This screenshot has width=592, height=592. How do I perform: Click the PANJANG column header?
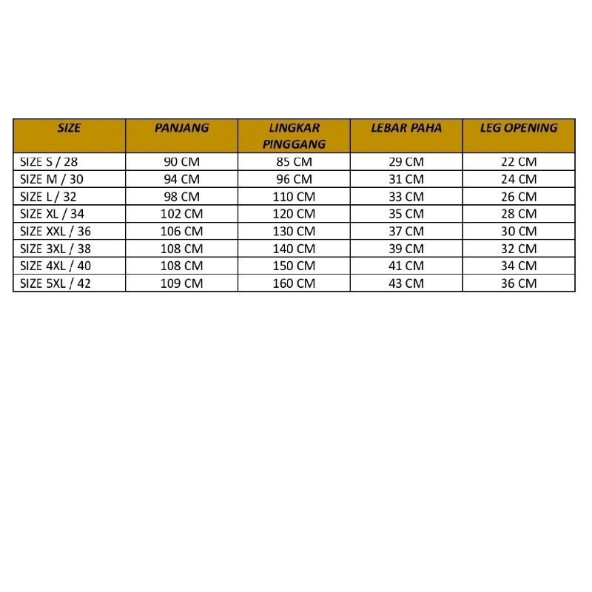click(182, 128)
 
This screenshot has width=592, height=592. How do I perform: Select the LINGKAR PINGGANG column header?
click(294, 136)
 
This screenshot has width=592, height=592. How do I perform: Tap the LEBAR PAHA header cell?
click(406, 128)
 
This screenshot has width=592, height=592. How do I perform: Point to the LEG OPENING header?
click(518, 128)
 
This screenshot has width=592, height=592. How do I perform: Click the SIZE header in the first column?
click(69, 128)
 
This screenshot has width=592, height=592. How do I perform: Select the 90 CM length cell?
click(182, 161)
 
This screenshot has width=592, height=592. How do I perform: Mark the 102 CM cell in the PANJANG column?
click(182, 214)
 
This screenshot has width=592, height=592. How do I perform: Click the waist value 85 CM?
click(294, 161)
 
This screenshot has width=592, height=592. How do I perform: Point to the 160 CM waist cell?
click(294, 283)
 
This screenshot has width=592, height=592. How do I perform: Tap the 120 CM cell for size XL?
click(294, 214)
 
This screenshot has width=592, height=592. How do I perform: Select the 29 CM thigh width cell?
click(406, 161)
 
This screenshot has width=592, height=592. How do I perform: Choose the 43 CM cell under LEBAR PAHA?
click(406, 283)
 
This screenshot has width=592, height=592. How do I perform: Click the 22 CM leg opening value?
click(518, 161)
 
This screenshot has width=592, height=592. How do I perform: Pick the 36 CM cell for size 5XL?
click(518, 283)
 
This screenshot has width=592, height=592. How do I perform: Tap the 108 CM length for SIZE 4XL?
click(182, 266)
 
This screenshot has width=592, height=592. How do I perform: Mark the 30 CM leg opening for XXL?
click(518, 231)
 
